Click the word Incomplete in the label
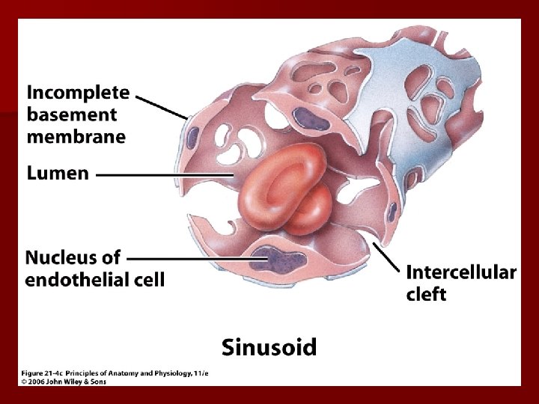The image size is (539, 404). click(78, 93)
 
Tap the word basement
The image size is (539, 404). click(72, 114)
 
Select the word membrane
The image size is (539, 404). click(76, 136)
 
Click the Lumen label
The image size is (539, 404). click(58, 174)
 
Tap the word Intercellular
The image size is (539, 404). click(460, 272)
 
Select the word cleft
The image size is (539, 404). click(426, 294)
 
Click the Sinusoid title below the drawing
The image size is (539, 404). click(269, 347)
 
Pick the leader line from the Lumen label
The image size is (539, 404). click(165, 174)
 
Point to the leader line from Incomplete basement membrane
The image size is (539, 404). click(162, 107)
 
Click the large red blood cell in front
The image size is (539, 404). click(272, 183)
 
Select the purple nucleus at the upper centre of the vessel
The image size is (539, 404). click(306, 118)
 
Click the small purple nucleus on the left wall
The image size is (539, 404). click(193, 137)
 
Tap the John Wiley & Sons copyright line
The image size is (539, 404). click(63, 382)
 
